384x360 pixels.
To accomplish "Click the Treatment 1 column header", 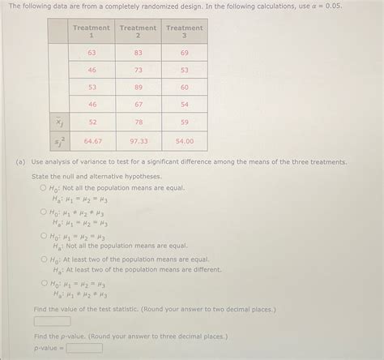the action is pos(92,32).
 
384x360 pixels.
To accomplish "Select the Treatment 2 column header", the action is pos(139,32).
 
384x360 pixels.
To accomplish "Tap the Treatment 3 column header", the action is pos(185,32).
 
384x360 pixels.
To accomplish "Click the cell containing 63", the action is pos(92,53).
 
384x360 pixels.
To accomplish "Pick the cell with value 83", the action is pos(139,53).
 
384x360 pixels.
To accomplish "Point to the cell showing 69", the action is pos(185,53).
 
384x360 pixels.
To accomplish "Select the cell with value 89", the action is pos(139,88).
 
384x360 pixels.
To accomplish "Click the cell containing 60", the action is pos(185,88).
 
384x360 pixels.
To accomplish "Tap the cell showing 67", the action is pos(139,105).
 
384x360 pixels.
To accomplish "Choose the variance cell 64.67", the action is pos(92,140).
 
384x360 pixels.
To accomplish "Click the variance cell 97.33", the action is pos(139,140).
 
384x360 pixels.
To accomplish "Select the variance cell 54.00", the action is pos(185,140).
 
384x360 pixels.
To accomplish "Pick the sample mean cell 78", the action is pos(139,122).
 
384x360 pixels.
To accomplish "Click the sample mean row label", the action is pos(58,122).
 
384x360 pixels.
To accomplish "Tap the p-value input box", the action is pos(84,348).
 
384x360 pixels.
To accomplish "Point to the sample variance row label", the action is pos(58,140).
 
